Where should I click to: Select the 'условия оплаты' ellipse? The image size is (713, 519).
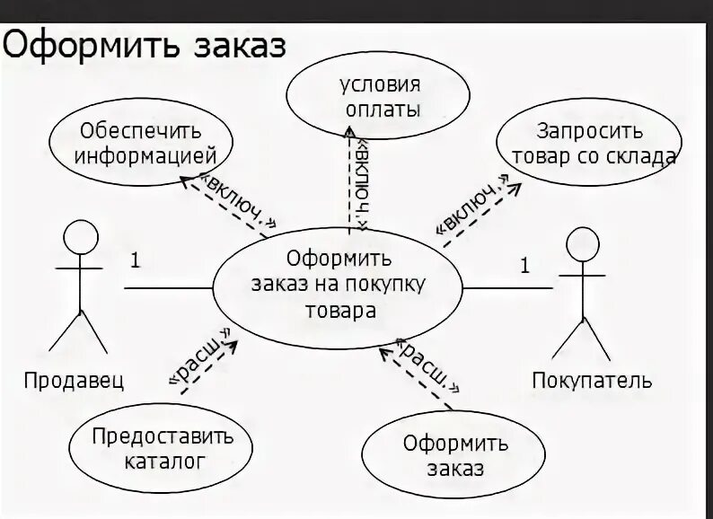379,98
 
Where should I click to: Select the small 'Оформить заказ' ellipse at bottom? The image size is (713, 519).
443,455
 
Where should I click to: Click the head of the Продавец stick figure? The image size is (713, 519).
81,238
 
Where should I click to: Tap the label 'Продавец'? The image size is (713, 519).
74,380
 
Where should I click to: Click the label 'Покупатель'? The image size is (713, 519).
592,380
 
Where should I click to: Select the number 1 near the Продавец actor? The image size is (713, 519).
135,261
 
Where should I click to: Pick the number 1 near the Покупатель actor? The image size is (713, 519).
524,266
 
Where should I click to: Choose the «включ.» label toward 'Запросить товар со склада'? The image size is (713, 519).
468,212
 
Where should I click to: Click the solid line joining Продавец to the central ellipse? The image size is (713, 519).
168,288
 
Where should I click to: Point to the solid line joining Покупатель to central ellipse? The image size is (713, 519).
507,288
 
